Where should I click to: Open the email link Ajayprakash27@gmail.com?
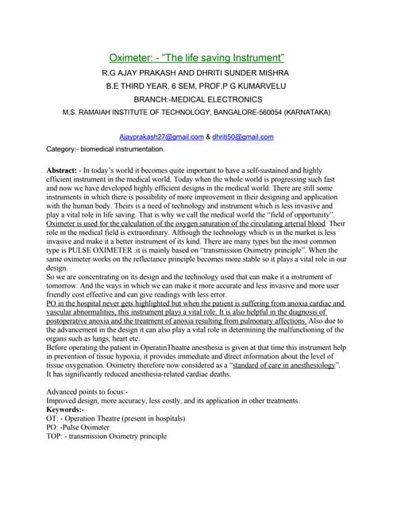tap(161, 137)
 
